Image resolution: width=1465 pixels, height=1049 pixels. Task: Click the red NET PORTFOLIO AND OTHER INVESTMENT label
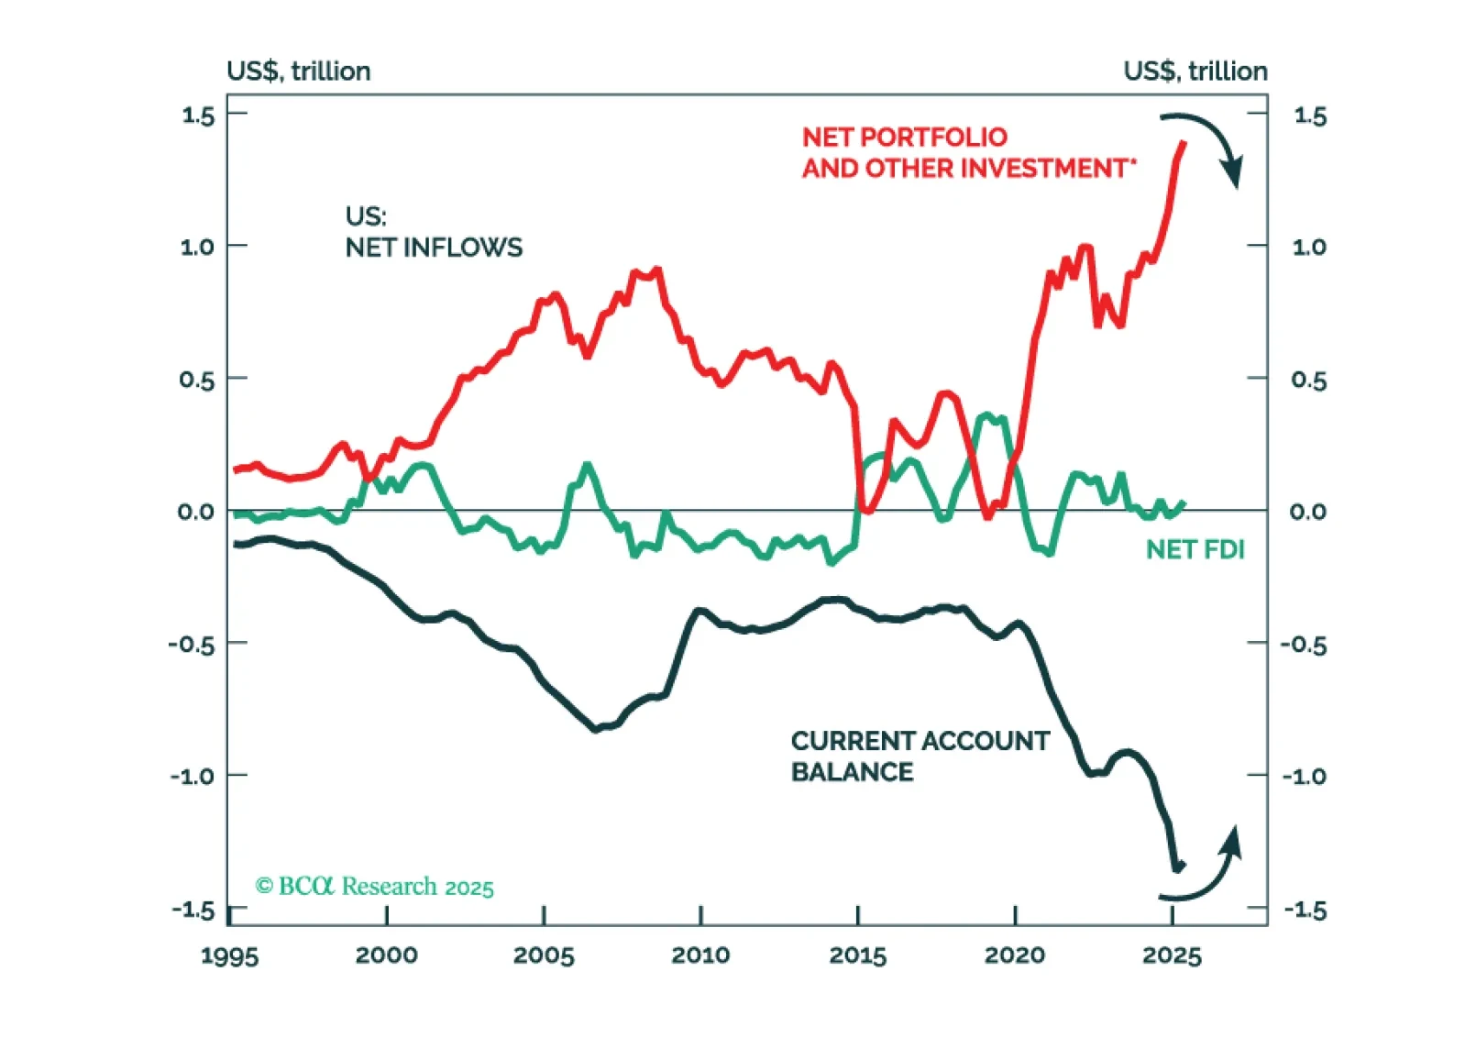coord(968,152)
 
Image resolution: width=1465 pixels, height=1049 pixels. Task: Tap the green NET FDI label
coord(1195,549)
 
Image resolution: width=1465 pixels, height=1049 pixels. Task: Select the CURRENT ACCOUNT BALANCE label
coord(920,756)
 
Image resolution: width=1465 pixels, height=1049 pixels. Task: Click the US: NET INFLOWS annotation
coord(434,232)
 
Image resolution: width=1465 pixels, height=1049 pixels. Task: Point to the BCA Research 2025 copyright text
coord(374,887)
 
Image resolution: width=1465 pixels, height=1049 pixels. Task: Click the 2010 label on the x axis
coord(700,955)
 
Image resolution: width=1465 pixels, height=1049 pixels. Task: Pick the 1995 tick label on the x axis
coord(229,955)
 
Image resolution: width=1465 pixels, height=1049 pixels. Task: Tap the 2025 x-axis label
coord(1172,955)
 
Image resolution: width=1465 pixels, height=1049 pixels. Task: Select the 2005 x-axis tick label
coord(544,955)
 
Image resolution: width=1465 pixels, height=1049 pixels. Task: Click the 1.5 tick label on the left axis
coord(197,116)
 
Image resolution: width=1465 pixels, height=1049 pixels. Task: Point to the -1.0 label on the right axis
coord(1304,777)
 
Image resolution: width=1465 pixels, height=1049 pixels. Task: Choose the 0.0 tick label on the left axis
coord(195,512)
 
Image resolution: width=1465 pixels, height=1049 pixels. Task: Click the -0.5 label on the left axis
coord(192,645)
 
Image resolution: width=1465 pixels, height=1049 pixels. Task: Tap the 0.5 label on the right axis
coord(1308,380)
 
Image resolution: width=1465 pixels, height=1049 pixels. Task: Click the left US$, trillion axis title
coord(299,71)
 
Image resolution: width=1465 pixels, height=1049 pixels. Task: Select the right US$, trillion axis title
coord(1195,71)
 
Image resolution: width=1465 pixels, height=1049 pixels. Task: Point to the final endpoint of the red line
coord(1184,143)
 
